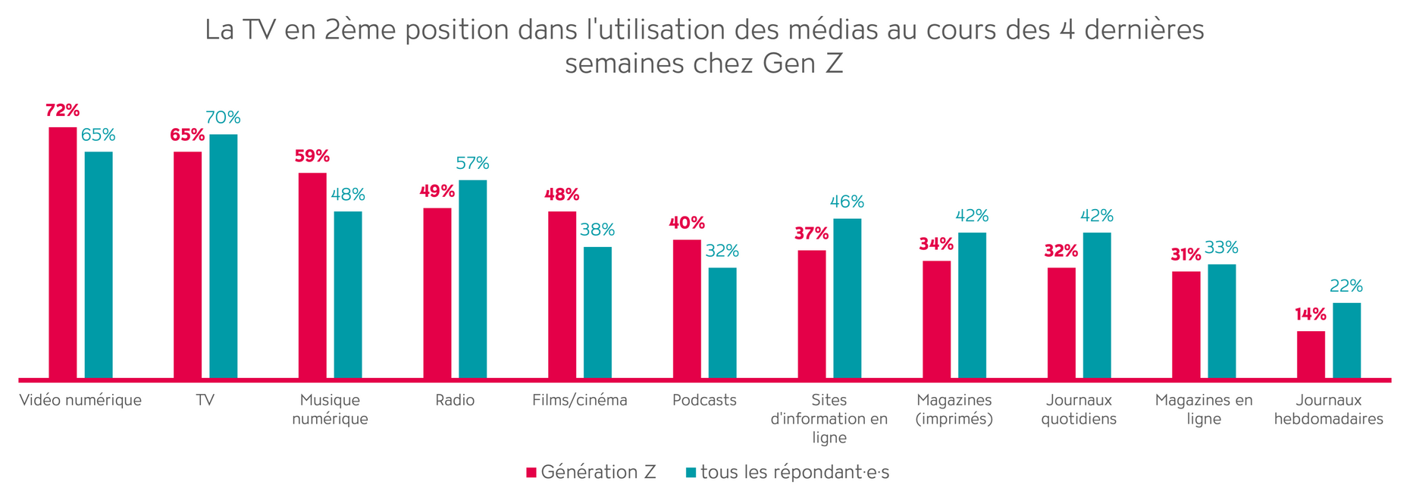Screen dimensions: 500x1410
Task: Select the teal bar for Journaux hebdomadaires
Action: tap(1346, 340)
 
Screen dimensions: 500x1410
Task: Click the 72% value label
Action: tap(63, 111)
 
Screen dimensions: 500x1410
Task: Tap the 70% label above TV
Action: tap(224, 117)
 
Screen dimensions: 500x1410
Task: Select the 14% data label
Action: tap(1311, 314)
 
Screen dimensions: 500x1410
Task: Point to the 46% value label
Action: tap(847, 202)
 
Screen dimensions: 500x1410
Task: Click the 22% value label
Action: tap(1346, 286)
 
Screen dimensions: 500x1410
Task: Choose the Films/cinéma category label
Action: tap(580, 400)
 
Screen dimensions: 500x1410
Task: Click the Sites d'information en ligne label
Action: tap(829, 418)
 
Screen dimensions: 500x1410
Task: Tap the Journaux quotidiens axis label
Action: tap(1079, 409)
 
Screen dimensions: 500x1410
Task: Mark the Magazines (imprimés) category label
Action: tap(954, 409)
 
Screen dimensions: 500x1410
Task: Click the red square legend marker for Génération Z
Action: tap(531, 473)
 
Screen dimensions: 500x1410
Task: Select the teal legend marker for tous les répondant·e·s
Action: tap(691, 473)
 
